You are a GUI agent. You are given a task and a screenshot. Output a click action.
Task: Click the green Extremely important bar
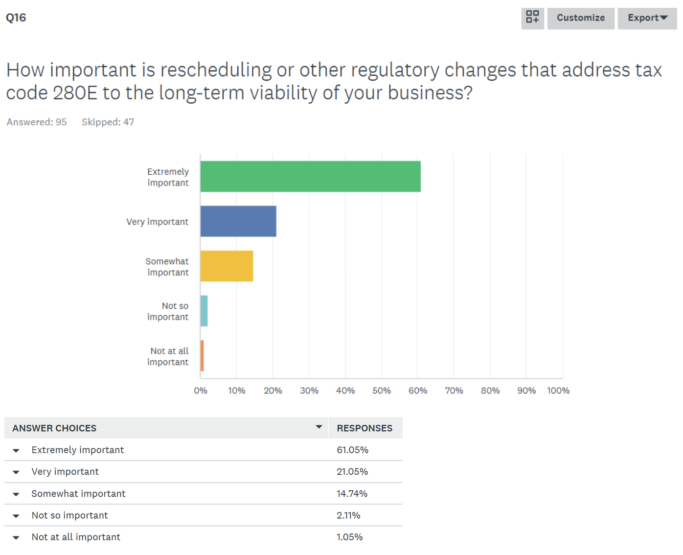click(310, 176)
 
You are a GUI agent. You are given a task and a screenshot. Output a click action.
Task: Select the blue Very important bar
click(238, 221)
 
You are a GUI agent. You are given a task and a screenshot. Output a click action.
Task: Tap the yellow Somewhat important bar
click(227, 266)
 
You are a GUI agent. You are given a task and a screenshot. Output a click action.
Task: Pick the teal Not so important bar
click(204, 311)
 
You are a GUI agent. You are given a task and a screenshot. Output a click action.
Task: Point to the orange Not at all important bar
click(202, 356)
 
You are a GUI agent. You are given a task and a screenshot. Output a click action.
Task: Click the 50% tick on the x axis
click(382, 391)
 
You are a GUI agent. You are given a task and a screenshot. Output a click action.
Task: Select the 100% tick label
click(558, 391)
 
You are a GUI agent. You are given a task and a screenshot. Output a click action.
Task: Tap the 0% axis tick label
click(201, 391)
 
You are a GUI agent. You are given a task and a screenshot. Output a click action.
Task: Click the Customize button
click(581, 18)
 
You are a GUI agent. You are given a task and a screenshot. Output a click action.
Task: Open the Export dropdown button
click(647, 18)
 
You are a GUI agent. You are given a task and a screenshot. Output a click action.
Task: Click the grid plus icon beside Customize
click(532, 18)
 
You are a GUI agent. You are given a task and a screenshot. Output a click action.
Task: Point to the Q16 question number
click(16, 18)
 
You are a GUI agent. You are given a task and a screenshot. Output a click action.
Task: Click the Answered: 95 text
click(37, 122)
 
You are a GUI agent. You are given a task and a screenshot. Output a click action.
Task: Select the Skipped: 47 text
click(108, 122)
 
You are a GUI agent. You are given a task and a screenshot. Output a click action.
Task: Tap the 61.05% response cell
click(352, 450)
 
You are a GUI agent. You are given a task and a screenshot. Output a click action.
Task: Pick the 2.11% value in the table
click(348, 515)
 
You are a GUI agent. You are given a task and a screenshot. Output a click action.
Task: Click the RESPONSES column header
click(364, 428)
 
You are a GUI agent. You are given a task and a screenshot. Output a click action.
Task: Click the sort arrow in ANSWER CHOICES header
click(319, 427)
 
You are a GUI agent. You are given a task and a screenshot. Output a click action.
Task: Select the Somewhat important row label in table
click(78, 494)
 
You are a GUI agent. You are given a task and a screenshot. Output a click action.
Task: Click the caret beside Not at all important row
click(16, 538)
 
